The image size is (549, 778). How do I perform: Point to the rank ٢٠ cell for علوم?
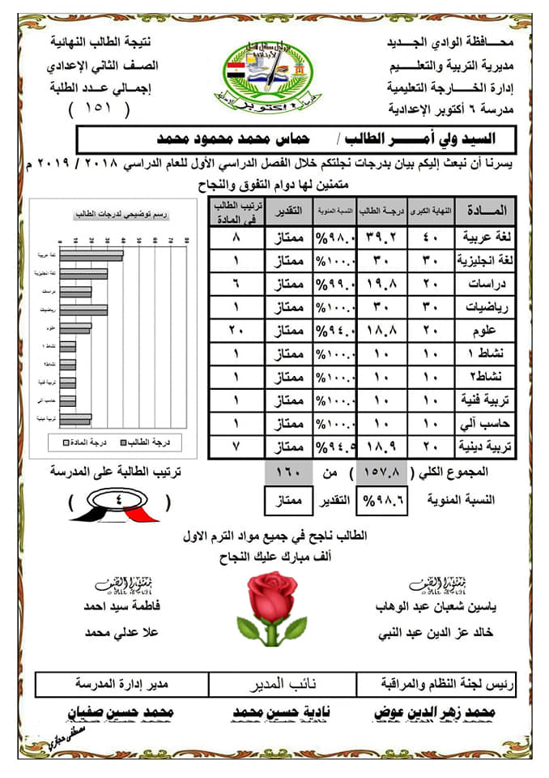tap(236, 331)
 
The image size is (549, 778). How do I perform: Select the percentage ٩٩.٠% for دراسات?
tap(333, 285)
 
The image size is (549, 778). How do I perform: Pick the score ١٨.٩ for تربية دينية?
tap(381, 447)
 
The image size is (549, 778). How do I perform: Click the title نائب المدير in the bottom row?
tap(279, 685)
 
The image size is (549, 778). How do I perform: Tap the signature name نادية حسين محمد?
tap(277, 712)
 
